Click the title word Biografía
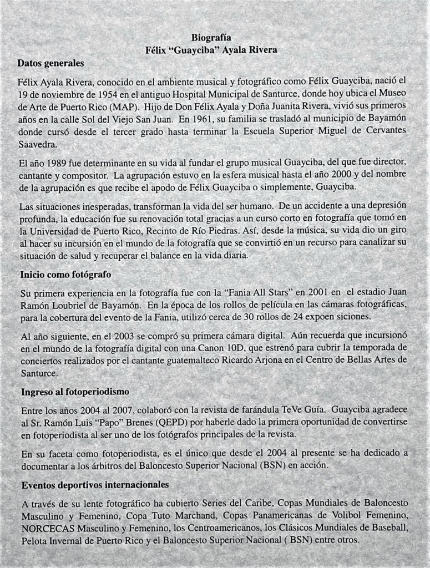[211, 38]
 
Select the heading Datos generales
[50, 63]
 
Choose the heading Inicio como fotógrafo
[66, 274]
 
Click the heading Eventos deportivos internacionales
[95, 484]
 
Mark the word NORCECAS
[47, 528]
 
